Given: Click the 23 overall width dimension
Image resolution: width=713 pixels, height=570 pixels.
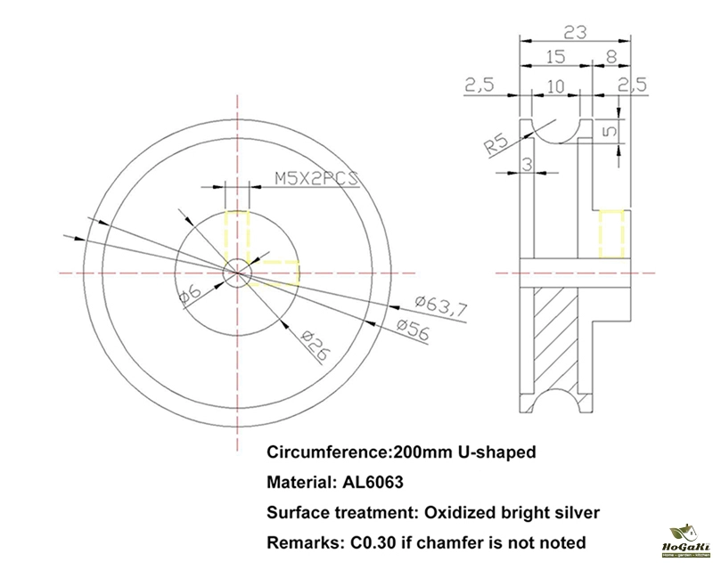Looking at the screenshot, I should [576, 32].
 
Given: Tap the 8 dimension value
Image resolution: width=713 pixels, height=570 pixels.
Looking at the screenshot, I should [611, 57].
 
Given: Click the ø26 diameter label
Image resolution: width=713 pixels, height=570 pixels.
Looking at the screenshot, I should [311, 344].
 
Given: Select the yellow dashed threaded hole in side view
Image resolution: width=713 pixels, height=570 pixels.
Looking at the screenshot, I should [611, 233].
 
